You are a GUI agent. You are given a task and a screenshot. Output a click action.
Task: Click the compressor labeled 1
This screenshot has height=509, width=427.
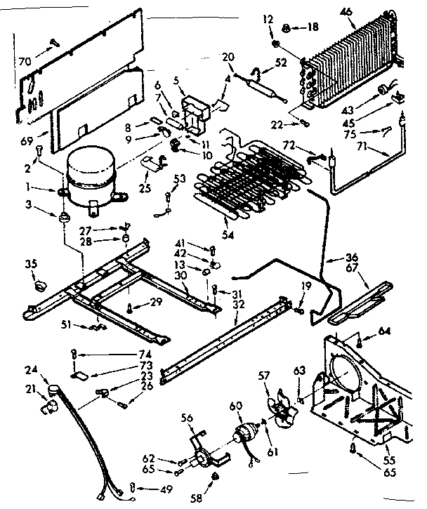pyautogui.click(x=90, y=180)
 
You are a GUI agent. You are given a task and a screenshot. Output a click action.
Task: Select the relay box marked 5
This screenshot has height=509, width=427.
pyautogui.click(x=195, y=112)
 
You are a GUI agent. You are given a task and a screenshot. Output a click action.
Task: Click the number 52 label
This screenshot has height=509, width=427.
pyautogui.click(x=282, y=62)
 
